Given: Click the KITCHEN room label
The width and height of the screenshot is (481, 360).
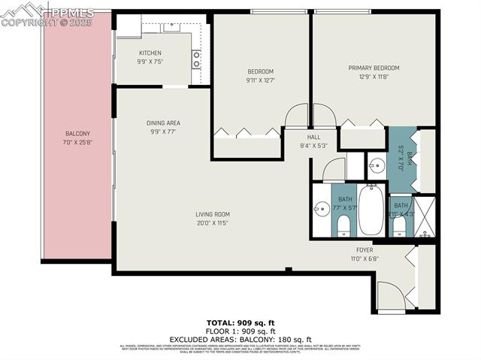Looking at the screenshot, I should (150, 53).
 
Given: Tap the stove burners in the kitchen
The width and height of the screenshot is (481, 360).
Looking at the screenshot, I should (196, 59).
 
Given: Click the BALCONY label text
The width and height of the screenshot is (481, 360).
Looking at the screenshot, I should (77, 134).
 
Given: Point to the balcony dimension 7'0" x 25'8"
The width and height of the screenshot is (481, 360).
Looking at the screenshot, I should (77, 142).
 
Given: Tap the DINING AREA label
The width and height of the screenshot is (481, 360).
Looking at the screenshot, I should (163, 123).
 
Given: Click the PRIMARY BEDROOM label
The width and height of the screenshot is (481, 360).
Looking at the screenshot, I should (374, 68).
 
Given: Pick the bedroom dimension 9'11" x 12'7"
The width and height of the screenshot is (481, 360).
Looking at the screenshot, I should (261, 80).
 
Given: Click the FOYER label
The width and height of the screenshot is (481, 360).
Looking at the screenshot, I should (364, 250).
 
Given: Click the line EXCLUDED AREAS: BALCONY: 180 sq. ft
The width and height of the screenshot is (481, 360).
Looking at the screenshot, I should (240, 338).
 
